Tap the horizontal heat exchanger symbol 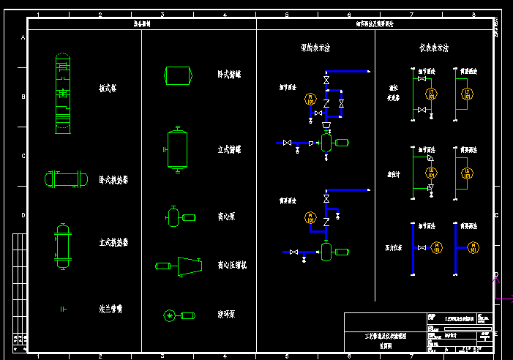pos(64,179)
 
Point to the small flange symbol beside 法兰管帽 pos(64,310)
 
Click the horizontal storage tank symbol pos(178,75)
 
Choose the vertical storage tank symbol pos(177,149)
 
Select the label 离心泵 pos(226,217)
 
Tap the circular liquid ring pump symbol pos(170,315)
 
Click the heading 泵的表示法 pos(315,48)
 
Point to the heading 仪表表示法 pos(434,48)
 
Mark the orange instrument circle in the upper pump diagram pos(309,100)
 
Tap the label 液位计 pos(394,174)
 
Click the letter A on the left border pos(23,37)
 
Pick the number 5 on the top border pos(287,15)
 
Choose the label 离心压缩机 pos(232,265)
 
